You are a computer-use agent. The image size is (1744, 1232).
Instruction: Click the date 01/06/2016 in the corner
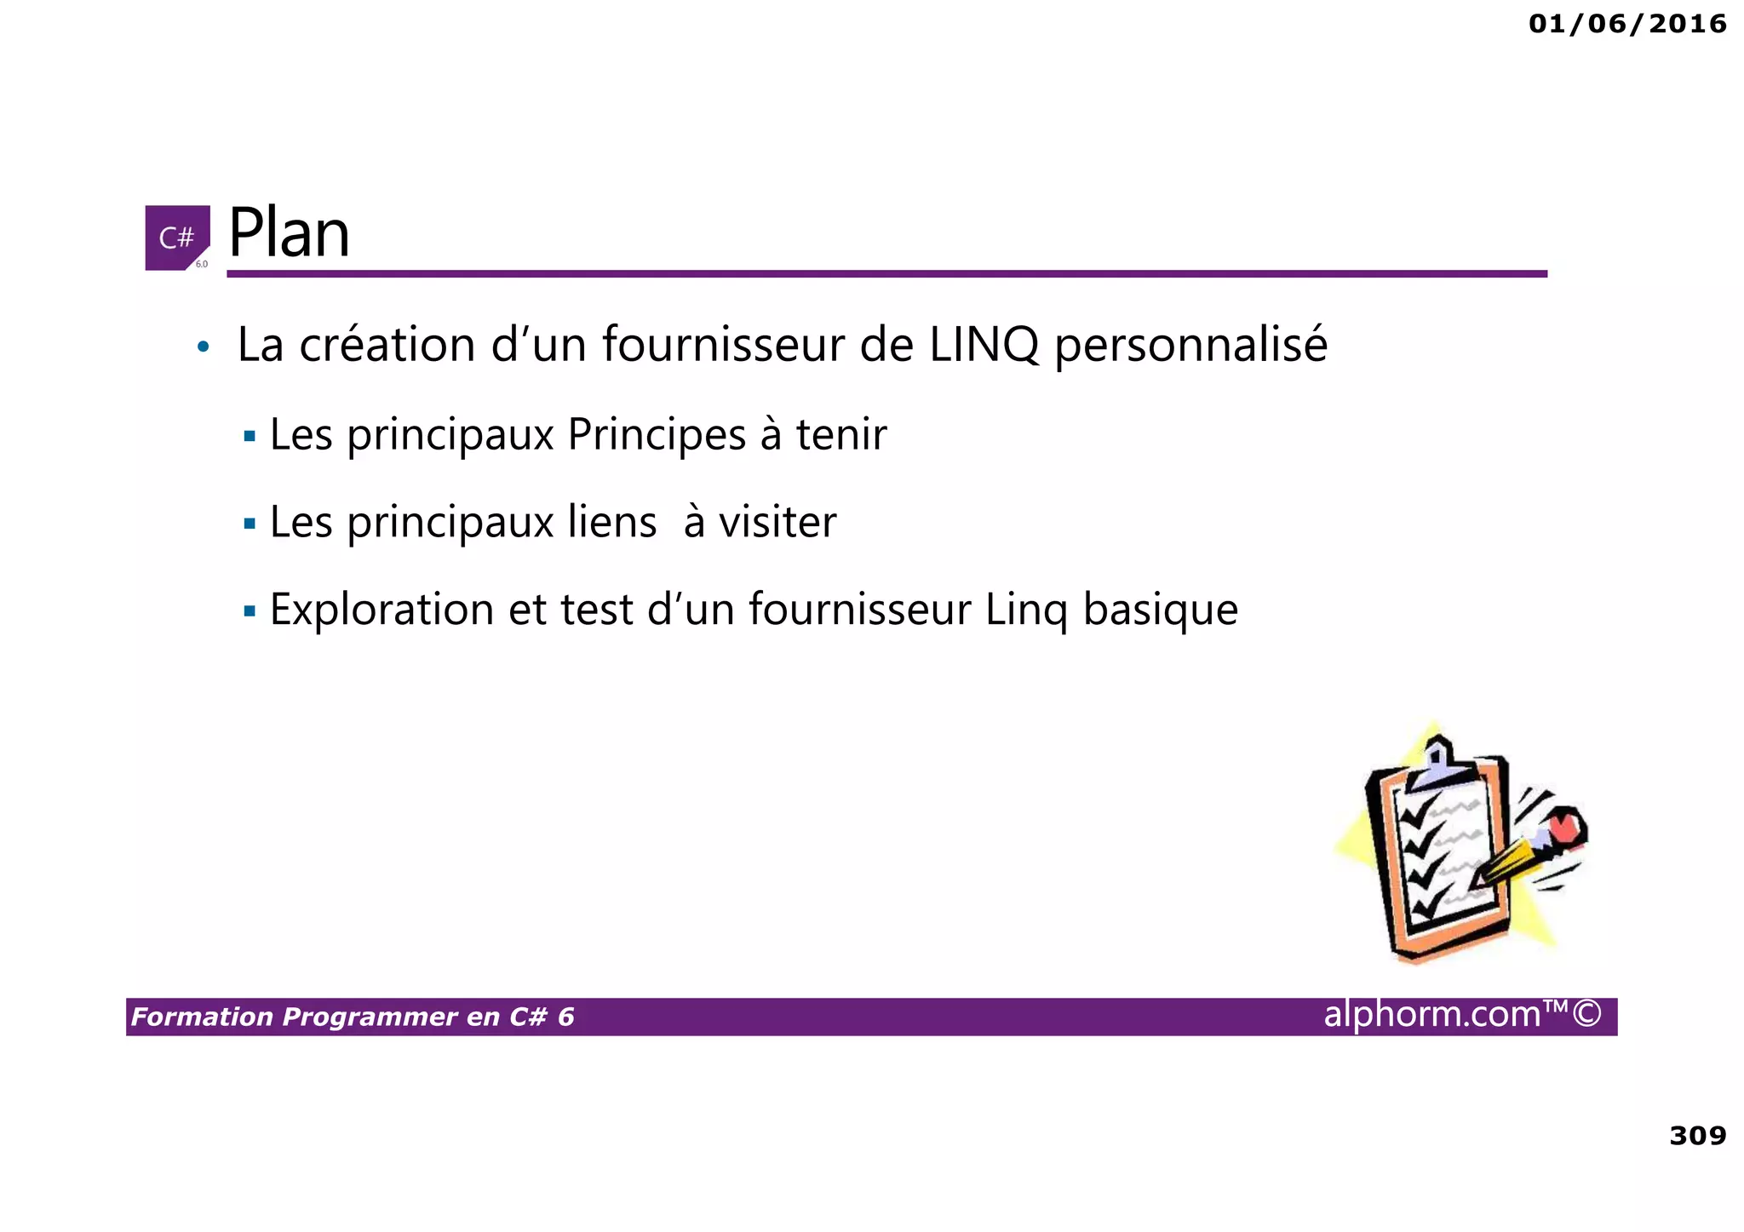pyautogui.click(x=1626, y=24)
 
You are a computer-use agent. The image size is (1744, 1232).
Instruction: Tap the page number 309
pyautogui.click(x=1697, y=1135)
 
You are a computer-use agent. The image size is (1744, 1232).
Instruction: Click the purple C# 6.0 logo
pyautogui.click(x=177, y=238)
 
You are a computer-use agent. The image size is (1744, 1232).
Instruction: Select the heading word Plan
pyautogui.click(x=289, y=233)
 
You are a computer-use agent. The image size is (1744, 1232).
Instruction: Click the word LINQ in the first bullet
pyautogui.click(x=984, y=345)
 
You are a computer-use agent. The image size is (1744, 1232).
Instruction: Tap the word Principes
pyautogui.click(x=657, y=435)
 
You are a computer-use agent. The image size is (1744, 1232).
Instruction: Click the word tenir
pyautogui.click(x=841, y=434)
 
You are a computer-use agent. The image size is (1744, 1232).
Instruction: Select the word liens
pyautogui.click(x=612, y=522)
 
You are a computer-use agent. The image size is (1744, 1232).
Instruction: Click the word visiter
pyautogui.click(x=777, y=522)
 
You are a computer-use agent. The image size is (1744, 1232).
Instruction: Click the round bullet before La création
pyautogui.click(x=202, y=347)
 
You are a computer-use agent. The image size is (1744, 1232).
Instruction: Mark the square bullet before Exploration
pyautogui.click(x=250, y=610)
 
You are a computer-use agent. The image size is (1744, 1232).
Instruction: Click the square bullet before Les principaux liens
pyautogui.click(x=250, y=523)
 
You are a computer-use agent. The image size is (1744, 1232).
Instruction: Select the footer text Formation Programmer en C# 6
pyautogui.click(x=353, y=1017)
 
